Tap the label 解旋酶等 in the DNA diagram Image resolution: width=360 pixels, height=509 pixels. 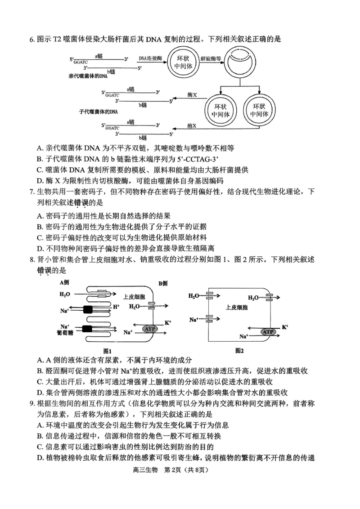(211, 58)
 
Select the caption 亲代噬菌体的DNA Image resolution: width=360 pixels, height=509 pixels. (88, 76)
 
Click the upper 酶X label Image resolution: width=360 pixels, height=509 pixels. (192, 96)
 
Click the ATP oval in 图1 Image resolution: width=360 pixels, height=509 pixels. (150, 329)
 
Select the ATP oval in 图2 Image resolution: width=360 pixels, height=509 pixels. (268, 332)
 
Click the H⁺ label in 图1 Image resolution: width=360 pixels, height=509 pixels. (116, 306)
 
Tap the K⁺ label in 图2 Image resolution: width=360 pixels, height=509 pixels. (285, 327)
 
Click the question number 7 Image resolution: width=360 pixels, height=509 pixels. (32, 192)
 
